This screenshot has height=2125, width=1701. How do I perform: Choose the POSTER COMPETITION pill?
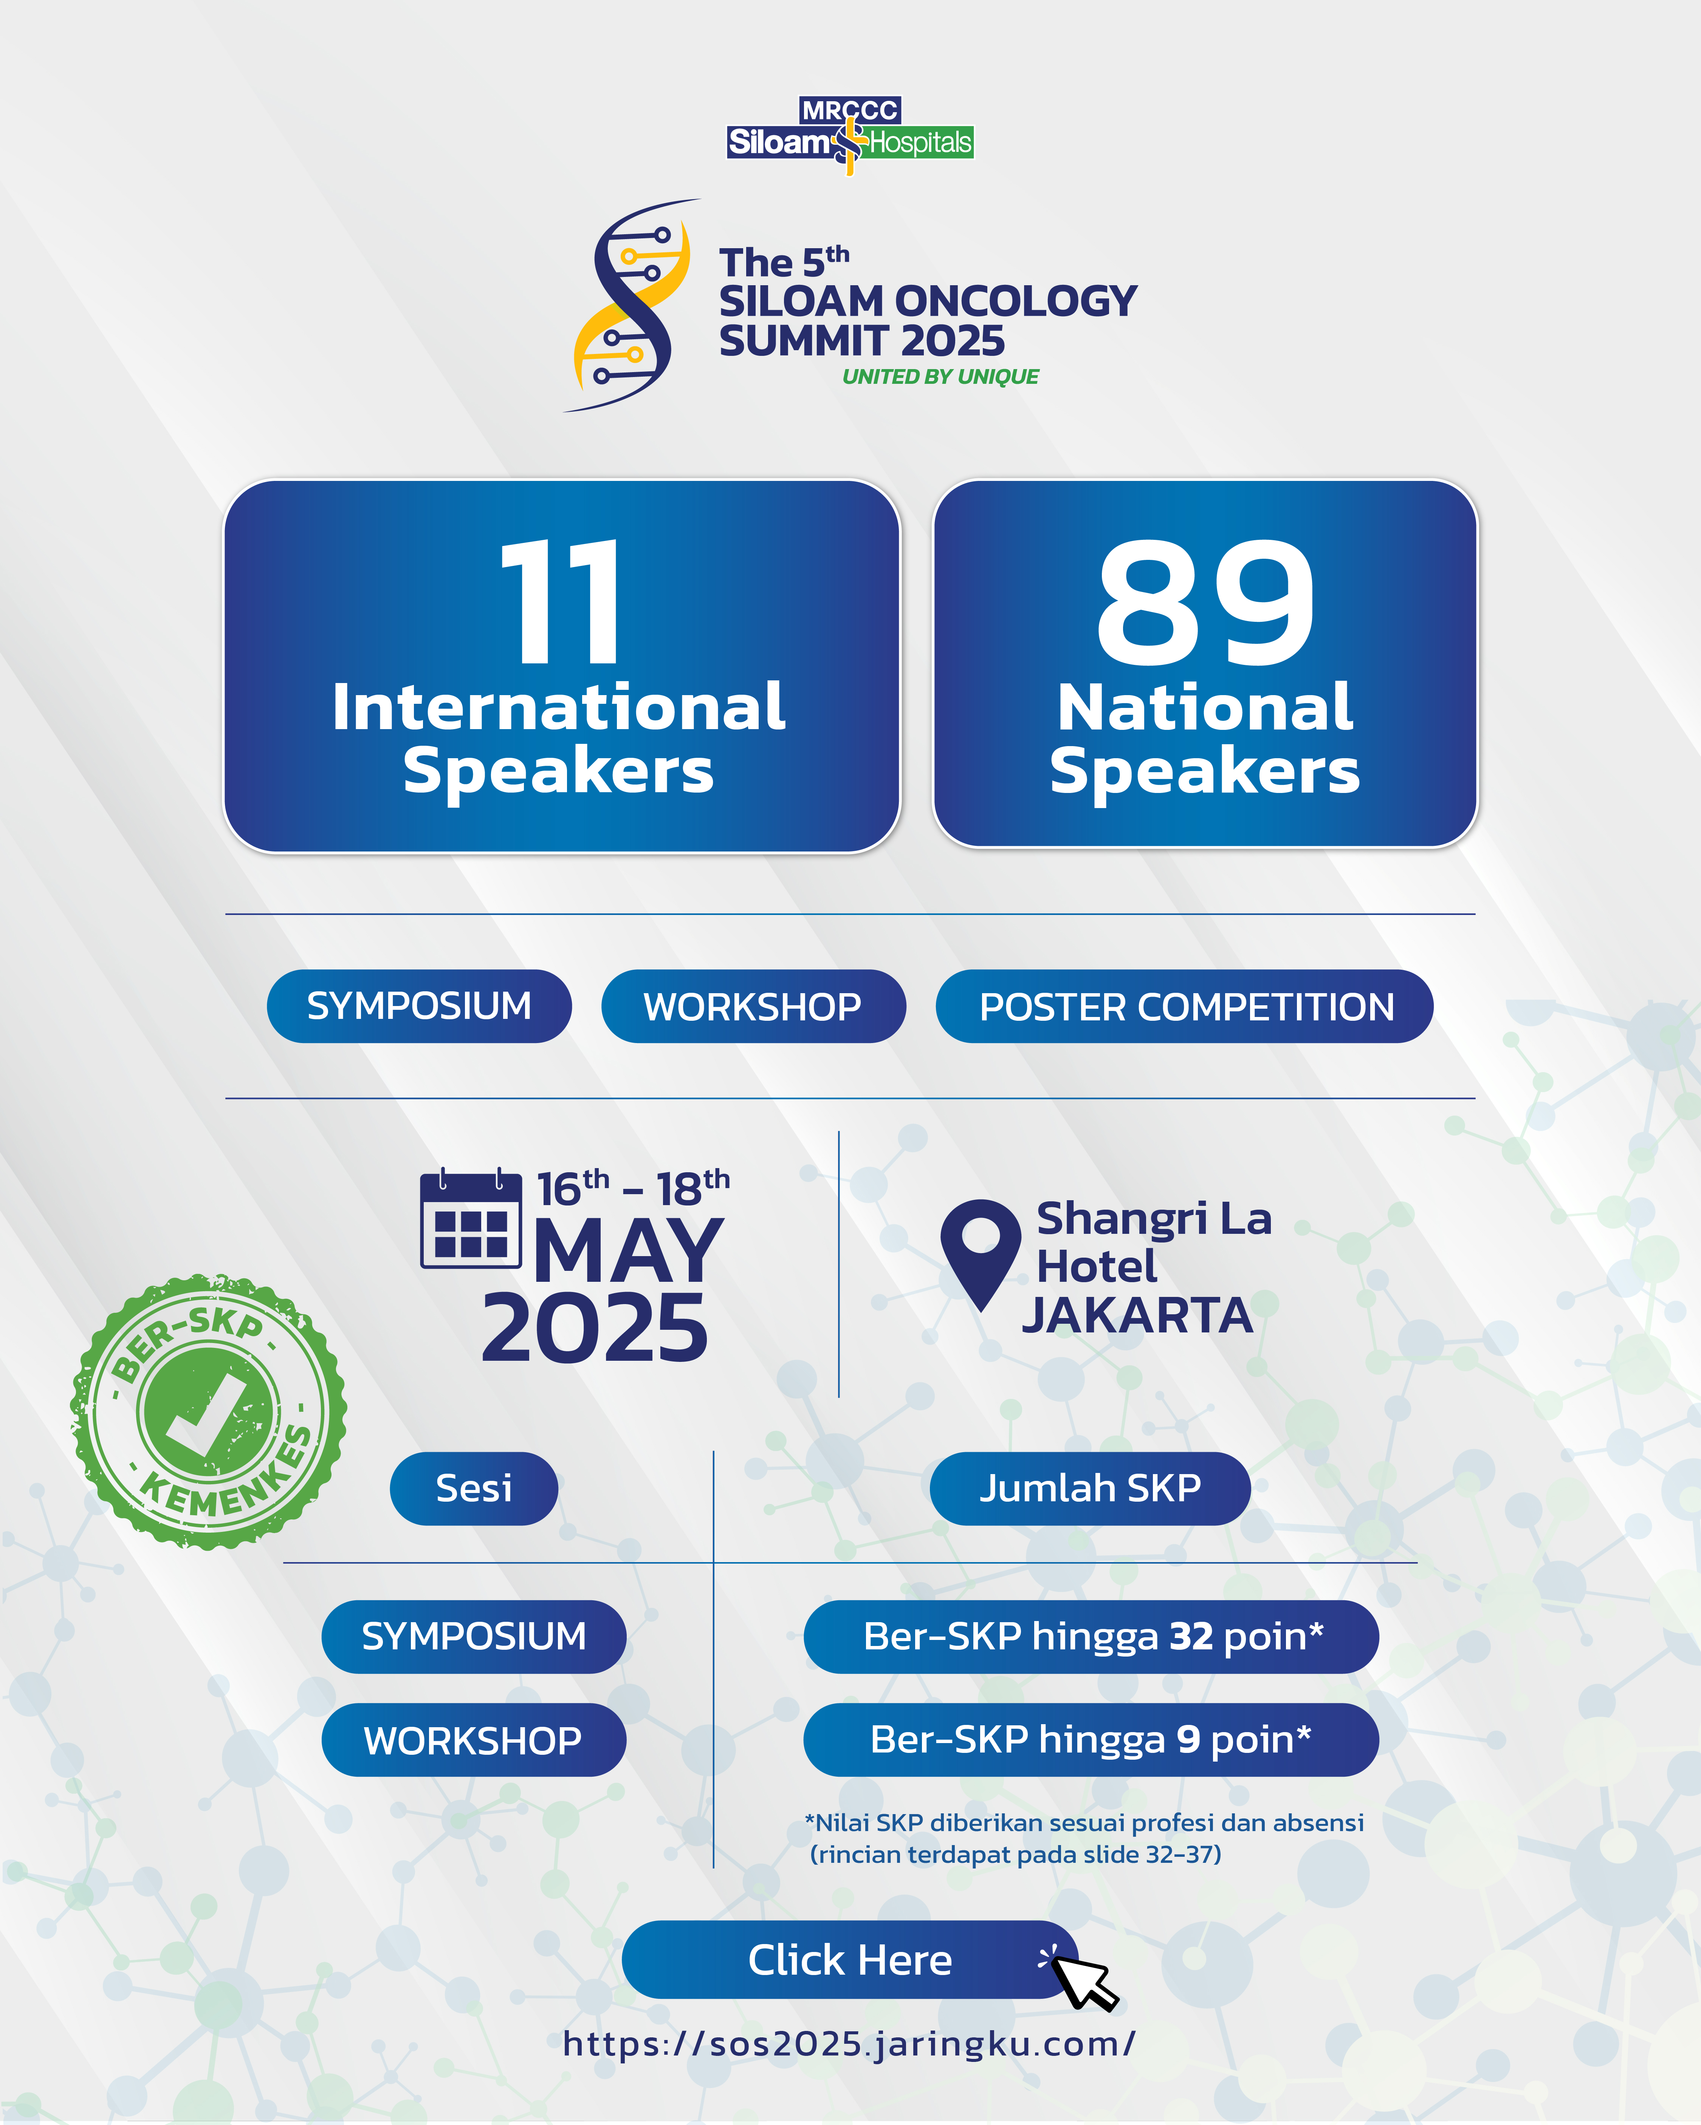pos(1184,1006)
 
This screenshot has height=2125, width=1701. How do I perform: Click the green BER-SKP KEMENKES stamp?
pos(208,1410)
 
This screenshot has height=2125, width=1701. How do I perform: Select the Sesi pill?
pos(474,1488)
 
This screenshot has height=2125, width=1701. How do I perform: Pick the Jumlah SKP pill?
pos(1090,1488)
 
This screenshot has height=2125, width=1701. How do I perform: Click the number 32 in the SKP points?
pos(1191,1636)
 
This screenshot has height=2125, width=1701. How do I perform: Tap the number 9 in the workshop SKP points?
pos(1188,1740)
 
